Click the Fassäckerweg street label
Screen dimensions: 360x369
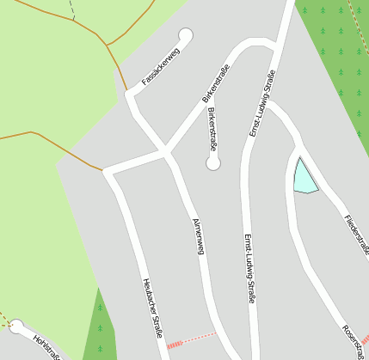[x=161, y=68]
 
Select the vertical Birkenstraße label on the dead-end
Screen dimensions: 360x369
[x=212, y=131]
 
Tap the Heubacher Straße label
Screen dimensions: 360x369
[x=152, y=306]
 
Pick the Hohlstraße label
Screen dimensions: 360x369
[x=47, y=347]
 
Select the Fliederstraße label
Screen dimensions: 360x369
[x=355, y=233]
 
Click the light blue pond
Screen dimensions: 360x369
[x=304, y=177]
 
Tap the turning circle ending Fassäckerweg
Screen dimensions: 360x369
[x=185, y=35]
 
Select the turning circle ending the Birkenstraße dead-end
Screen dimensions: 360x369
[x=213, y=162]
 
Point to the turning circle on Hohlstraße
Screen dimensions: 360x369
[x=16, y=326]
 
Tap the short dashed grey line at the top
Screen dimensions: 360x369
[x=71, y=9]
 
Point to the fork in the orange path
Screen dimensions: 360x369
[x=106, y=43]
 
